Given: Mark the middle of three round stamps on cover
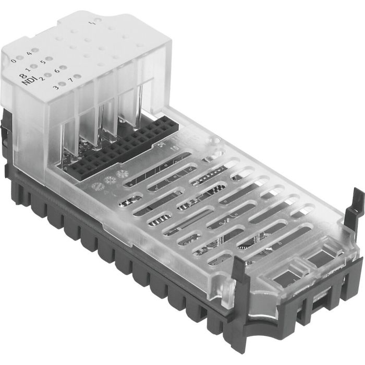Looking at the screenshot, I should click(x=109, y=180).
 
